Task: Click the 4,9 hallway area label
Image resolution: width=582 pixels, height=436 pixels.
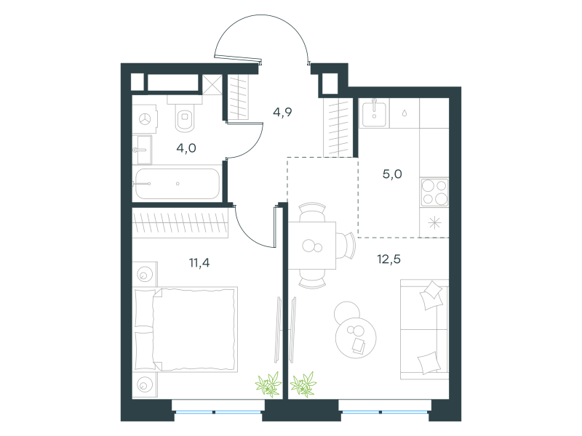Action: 282,112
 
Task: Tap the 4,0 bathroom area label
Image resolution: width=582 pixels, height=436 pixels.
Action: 186,148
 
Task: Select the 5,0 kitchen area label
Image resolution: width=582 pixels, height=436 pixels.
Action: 392,174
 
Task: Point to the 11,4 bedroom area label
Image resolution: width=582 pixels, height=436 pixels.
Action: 199,263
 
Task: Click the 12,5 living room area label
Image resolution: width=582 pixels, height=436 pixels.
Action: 389,259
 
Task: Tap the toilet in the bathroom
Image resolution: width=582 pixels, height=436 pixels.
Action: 185,114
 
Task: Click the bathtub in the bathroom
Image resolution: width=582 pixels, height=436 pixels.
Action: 178,184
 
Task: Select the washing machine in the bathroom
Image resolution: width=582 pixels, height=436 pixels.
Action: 144,118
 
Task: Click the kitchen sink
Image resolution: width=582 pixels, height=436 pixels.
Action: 374,113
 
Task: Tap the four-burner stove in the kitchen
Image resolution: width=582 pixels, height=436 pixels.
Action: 434,192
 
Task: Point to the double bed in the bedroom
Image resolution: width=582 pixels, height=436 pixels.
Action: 186,329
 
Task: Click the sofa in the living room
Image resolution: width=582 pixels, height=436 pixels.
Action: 425,329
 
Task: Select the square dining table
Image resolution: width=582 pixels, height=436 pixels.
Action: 312,246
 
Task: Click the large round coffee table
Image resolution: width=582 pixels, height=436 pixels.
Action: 356,338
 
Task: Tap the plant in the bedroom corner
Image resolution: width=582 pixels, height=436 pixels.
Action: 268,384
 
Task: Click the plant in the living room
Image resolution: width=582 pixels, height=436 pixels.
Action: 303,384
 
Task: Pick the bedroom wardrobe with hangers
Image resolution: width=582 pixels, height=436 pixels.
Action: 180,223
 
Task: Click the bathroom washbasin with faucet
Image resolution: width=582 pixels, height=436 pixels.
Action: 143,150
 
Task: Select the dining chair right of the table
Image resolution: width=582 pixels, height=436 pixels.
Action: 347,246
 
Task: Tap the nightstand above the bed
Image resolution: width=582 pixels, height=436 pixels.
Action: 144,275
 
